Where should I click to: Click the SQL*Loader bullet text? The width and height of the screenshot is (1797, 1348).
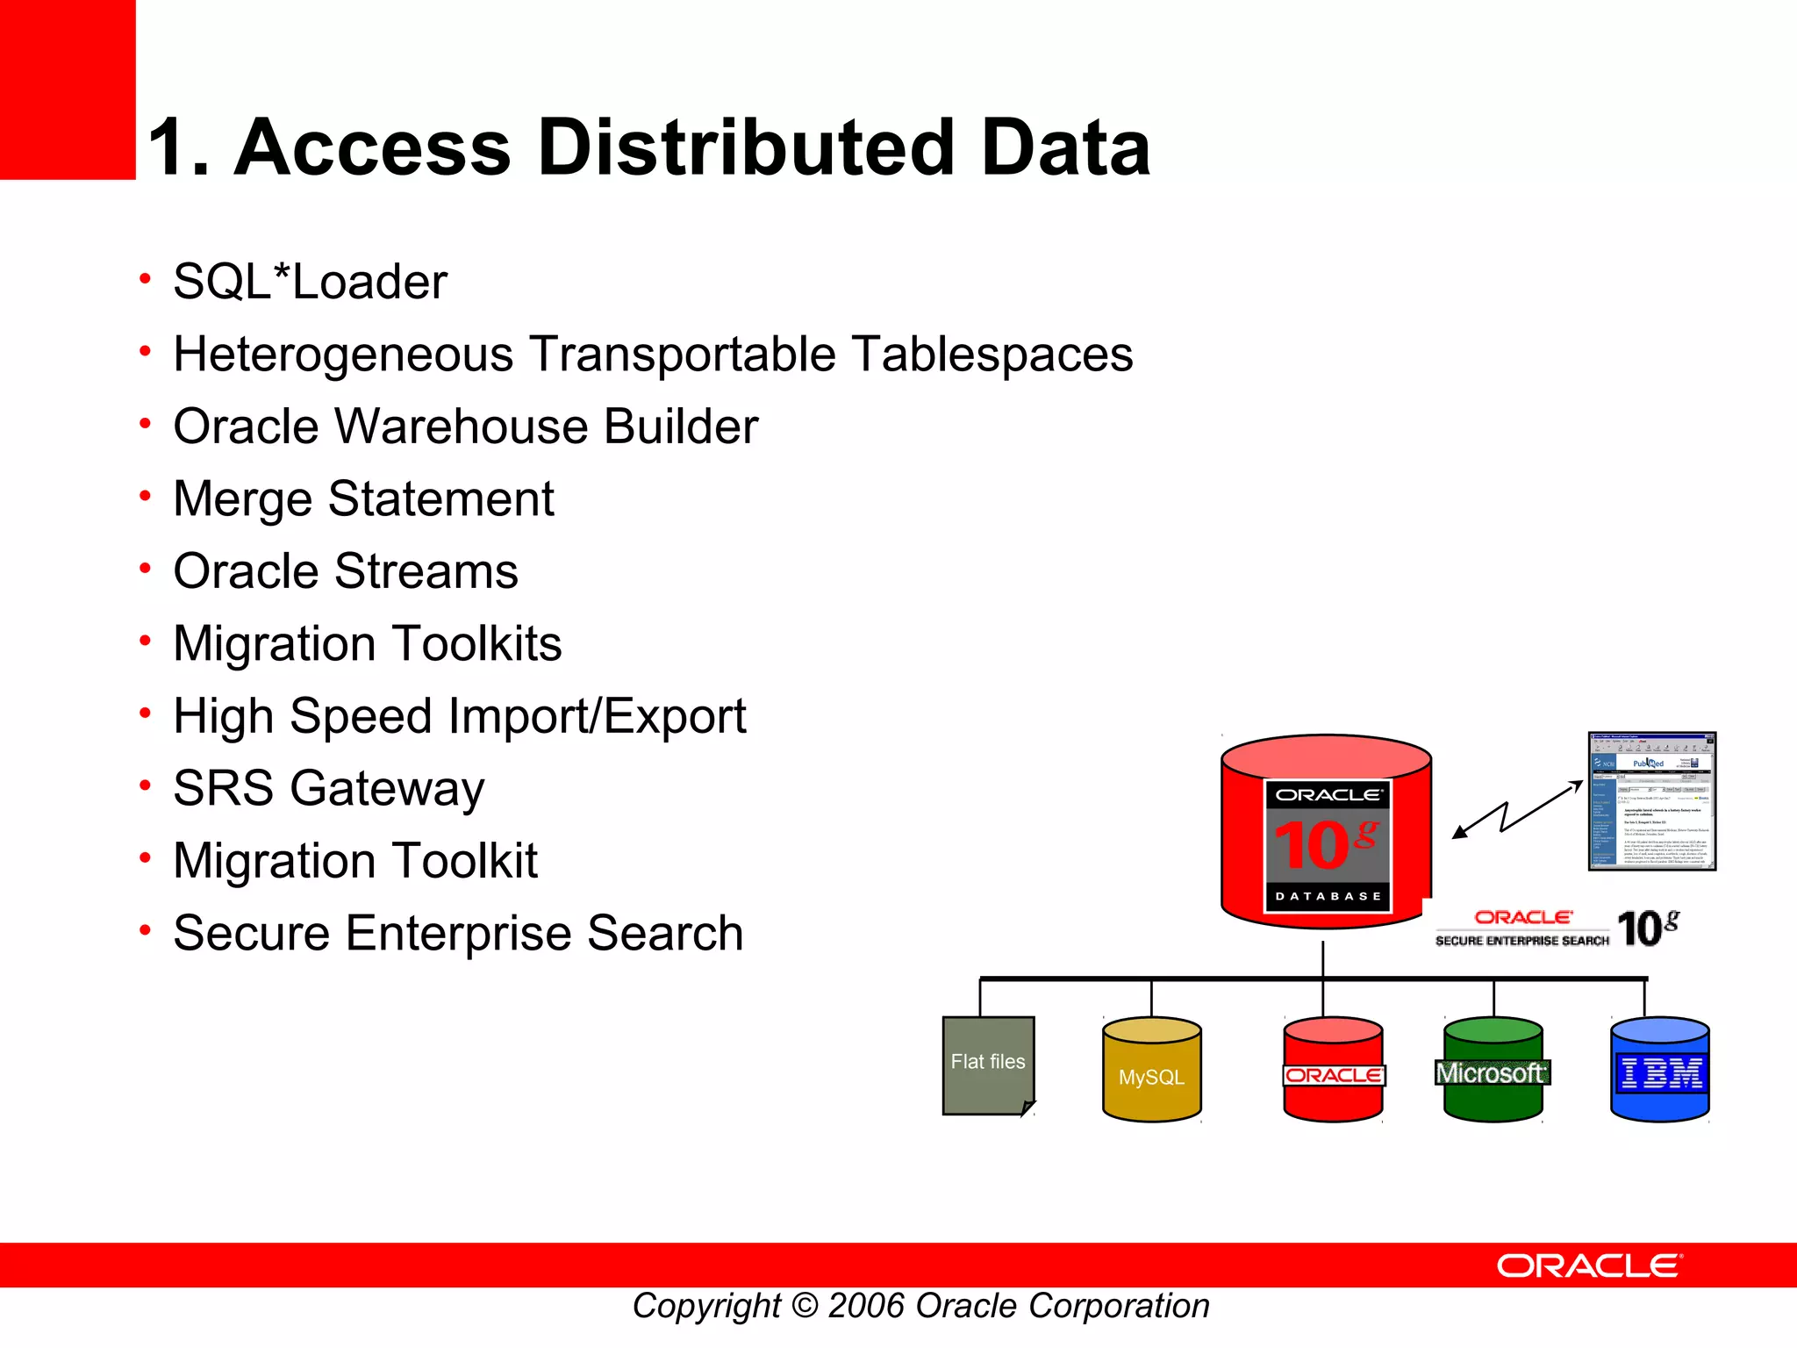pos(310,282)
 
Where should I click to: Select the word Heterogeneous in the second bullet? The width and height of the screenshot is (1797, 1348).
pos(343,355)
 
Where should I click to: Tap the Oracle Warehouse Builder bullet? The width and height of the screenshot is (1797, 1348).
pos(465,427)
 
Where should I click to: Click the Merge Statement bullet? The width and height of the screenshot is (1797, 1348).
pos(363,498)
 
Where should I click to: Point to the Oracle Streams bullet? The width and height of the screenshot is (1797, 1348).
pos(346,571)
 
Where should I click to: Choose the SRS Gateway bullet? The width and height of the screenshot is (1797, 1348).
pos(328,788)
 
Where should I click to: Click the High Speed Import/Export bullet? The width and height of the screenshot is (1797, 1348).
pos(459,716)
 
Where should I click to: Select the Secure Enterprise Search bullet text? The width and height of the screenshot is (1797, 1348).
pos(458,933)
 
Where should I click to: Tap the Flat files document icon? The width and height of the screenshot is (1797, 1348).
pos(988,1065)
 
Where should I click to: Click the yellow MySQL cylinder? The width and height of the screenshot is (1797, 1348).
pos(1151,1071)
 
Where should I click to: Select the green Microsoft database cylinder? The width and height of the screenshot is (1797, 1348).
pos(1493,1071)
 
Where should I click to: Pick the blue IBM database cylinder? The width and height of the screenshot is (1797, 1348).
pos(1660,1071)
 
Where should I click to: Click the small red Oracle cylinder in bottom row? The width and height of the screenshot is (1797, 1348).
pos(1333,1071)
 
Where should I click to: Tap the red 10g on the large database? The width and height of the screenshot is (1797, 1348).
pos(1325,844)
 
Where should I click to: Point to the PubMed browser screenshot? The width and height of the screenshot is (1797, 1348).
pos(1651,801)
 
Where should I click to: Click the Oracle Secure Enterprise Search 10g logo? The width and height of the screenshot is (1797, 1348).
pos(1557,929)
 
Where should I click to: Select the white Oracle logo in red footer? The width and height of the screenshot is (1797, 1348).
pos(1589,1266)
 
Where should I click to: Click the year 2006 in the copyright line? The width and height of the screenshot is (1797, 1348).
pos(866,1307)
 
